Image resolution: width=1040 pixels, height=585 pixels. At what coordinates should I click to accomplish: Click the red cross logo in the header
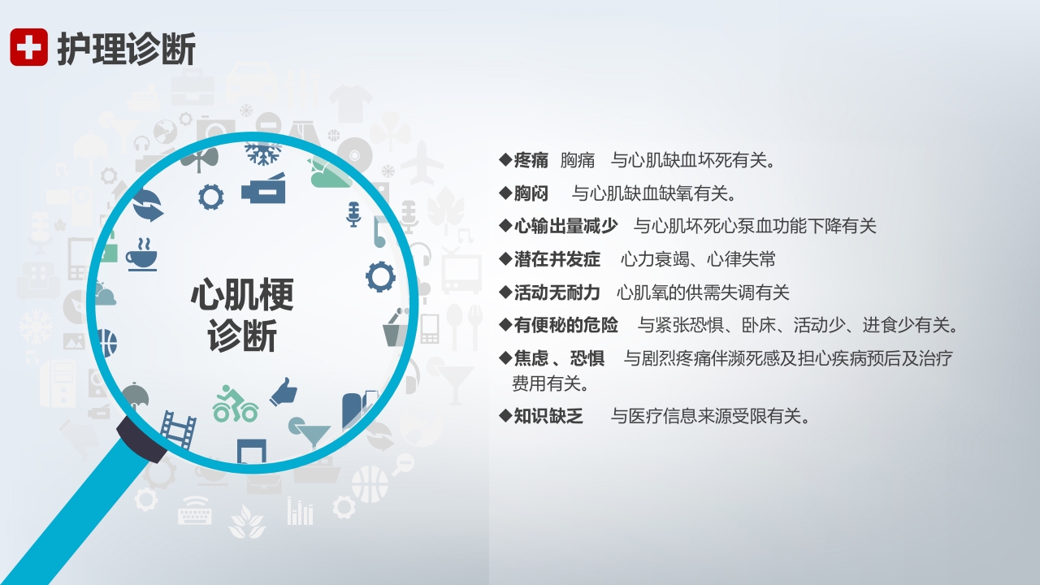click(28, 47)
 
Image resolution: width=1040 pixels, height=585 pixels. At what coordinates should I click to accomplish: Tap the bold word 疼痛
click(531, 160)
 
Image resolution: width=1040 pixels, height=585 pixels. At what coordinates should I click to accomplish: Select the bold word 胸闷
click(531, 193)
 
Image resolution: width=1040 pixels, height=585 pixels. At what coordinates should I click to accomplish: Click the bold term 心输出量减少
click(565, 226)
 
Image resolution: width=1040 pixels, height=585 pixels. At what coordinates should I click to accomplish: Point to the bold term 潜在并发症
click(557, 259)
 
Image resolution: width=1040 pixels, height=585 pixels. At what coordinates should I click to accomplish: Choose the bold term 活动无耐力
click(557, 292)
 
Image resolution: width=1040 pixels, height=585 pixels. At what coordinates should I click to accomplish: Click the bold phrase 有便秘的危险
click(565, 325)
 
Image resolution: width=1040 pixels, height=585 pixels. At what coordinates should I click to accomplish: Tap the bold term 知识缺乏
click(548, 417)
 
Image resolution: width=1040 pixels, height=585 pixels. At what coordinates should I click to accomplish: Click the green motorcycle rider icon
click(235, 404)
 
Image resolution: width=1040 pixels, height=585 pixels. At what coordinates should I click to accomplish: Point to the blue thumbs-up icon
click(284, 392)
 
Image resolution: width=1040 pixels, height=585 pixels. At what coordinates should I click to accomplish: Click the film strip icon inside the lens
click(178, 428)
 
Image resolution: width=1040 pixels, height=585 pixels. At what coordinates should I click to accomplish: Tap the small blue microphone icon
click(353, 214)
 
